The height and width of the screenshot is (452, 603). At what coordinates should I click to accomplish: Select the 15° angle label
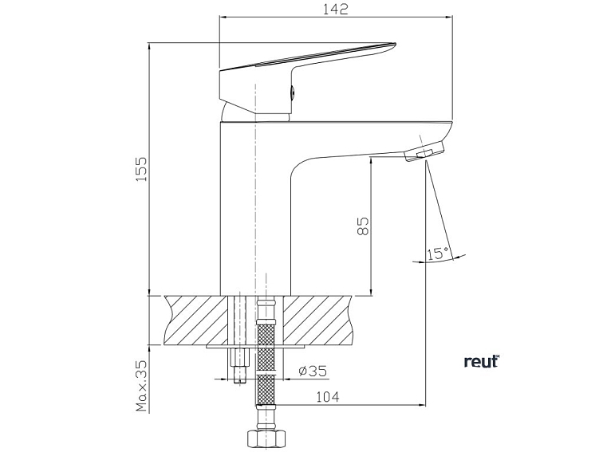(x=437, y=254)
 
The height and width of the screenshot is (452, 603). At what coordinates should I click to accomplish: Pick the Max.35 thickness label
(x=142, y=385)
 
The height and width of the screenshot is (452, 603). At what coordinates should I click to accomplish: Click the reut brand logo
(x=480, y=361)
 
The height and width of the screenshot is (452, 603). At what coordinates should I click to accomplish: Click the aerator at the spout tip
(x=424, y=151)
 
